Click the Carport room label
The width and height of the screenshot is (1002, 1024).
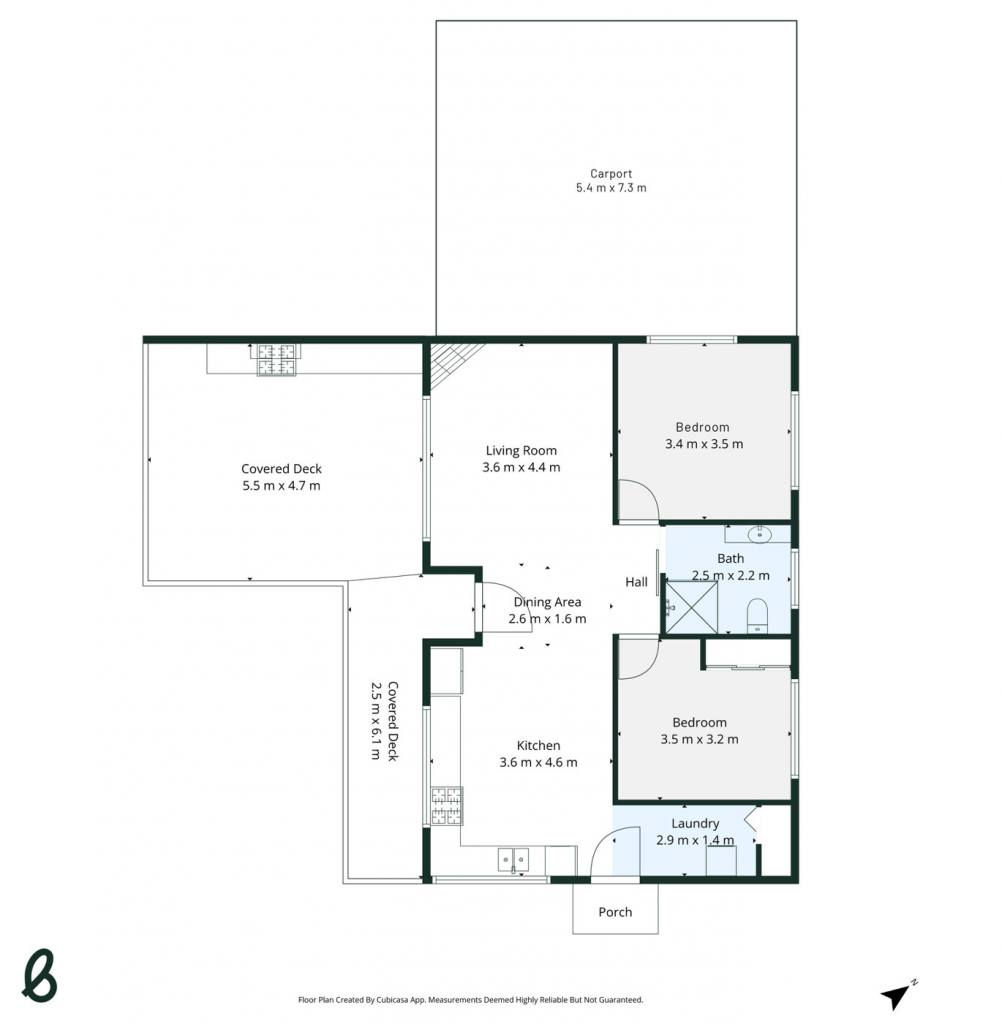point(611,174)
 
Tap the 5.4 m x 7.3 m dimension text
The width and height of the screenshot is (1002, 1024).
point(611,188)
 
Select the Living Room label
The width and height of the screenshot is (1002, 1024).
point(521,451)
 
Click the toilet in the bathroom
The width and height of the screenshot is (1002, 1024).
point(757,615)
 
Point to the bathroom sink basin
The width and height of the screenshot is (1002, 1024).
point(760,535)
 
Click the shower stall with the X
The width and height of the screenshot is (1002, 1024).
point(691,607)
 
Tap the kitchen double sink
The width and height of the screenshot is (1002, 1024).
point(513,859)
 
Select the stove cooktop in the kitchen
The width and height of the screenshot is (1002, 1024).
point(447,806)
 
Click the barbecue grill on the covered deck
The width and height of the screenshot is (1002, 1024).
point(276,360)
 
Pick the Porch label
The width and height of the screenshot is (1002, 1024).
point(615,912)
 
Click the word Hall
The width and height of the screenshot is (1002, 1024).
point(636,582)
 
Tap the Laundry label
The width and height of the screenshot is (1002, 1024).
point(695,824)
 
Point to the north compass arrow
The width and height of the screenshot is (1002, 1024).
point(897,995)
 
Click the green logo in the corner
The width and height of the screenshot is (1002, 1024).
point(40,975)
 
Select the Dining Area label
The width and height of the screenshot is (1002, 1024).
point(547,602)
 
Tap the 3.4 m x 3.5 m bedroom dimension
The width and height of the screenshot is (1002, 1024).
point(704,444)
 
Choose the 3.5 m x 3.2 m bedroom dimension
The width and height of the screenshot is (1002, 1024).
point(700,739)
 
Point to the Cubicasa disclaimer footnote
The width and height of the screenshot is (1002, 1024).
point(470,999)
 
